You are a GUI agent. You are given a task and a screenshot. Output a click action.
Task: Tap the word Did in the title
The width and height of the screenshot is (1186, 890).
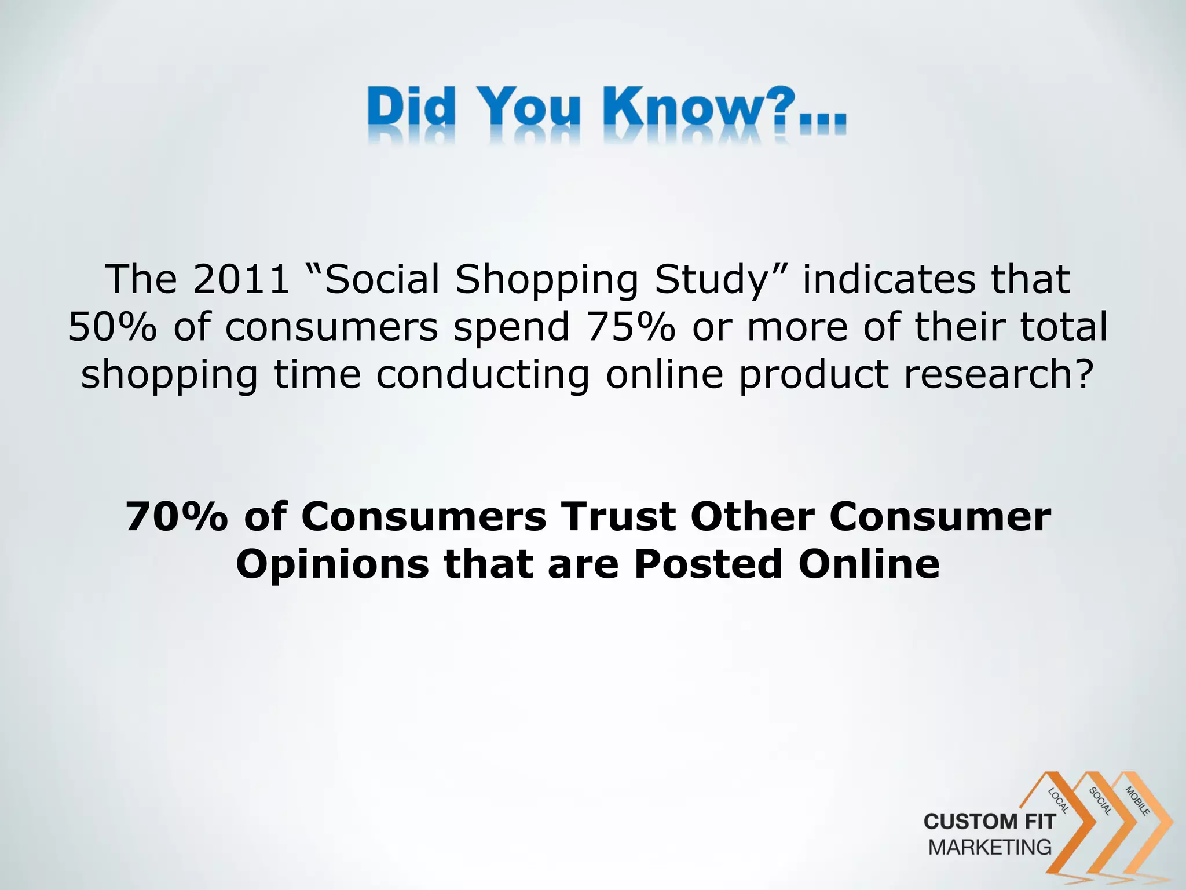[x=410, y=108]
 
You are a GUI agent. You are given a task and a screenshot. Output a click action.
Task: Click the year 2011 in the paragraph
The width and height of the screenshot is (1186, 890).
[x=241, y=279]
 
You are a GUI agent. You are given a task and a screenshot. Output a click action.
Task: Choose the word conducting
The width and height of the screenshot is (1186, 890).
[x=482, y=374]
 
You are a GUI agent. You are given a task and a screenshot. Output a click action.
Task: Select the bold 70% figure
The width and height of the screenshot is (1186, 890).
[x=176, y=517]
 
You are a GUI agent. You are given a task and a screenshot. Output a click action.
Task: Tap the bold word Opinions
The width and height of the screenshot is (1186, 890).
[x=332, y=564]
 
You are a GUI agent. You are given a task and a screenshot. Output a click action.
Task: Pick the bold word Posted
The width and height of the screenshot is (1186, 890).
[x=708, y=564]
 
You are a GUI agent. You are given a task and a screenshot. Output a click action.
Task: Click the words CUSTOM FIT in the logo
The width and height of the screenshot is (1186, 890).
[x=990, y=822]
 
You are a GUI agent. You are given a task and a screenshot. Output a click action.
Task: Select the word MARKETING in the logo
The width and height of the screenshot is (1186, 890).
[x=990, y=847]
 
